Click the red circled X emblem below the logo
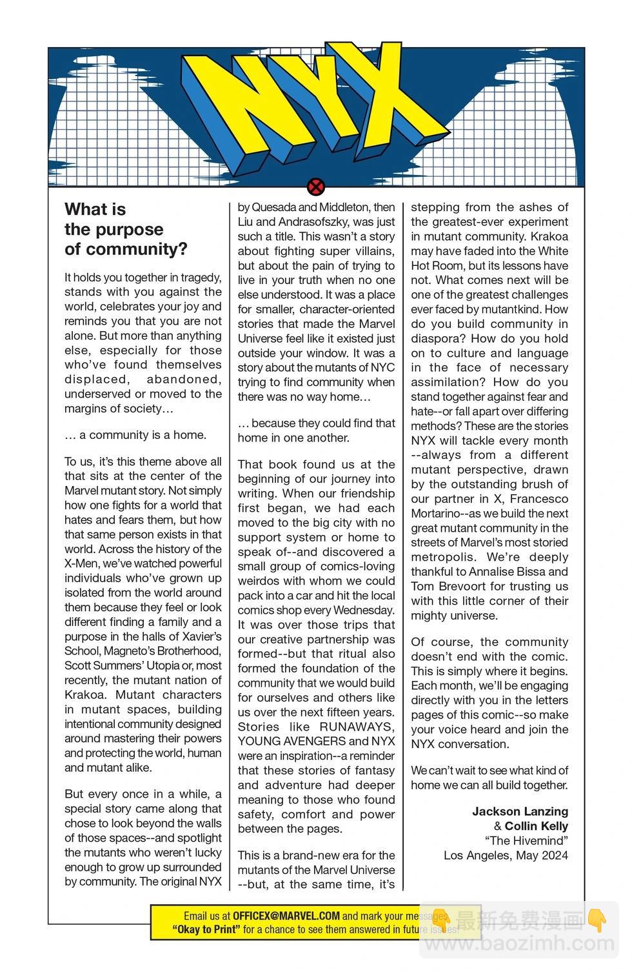pyautogui.click(x=316, y=188)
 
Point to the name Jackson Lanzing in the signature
pyautogui.click(x=520, y=811)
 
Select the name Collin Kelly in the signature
pyautogui.click(x=536, y=826)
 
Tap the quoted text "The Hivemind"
pyautogui.click(x=526, y=840)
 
